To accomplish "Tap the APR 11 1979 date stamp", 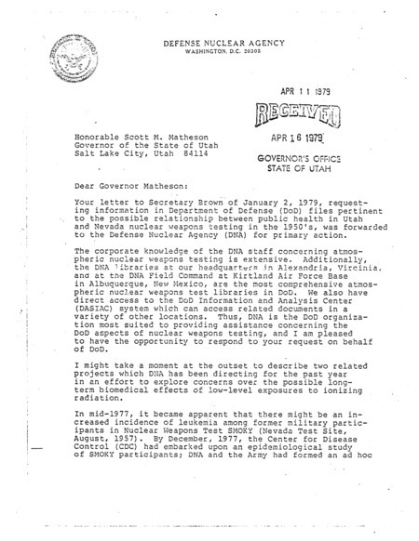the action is pos(308,92).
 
